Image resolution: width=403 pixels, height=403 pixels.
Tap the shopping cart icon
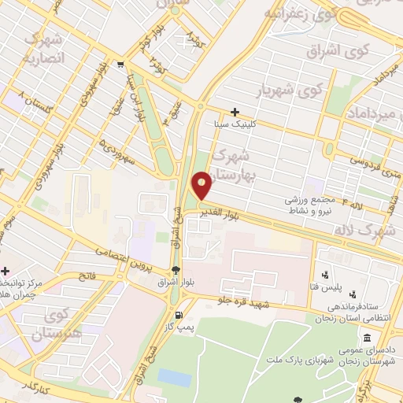click(119, 65)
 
